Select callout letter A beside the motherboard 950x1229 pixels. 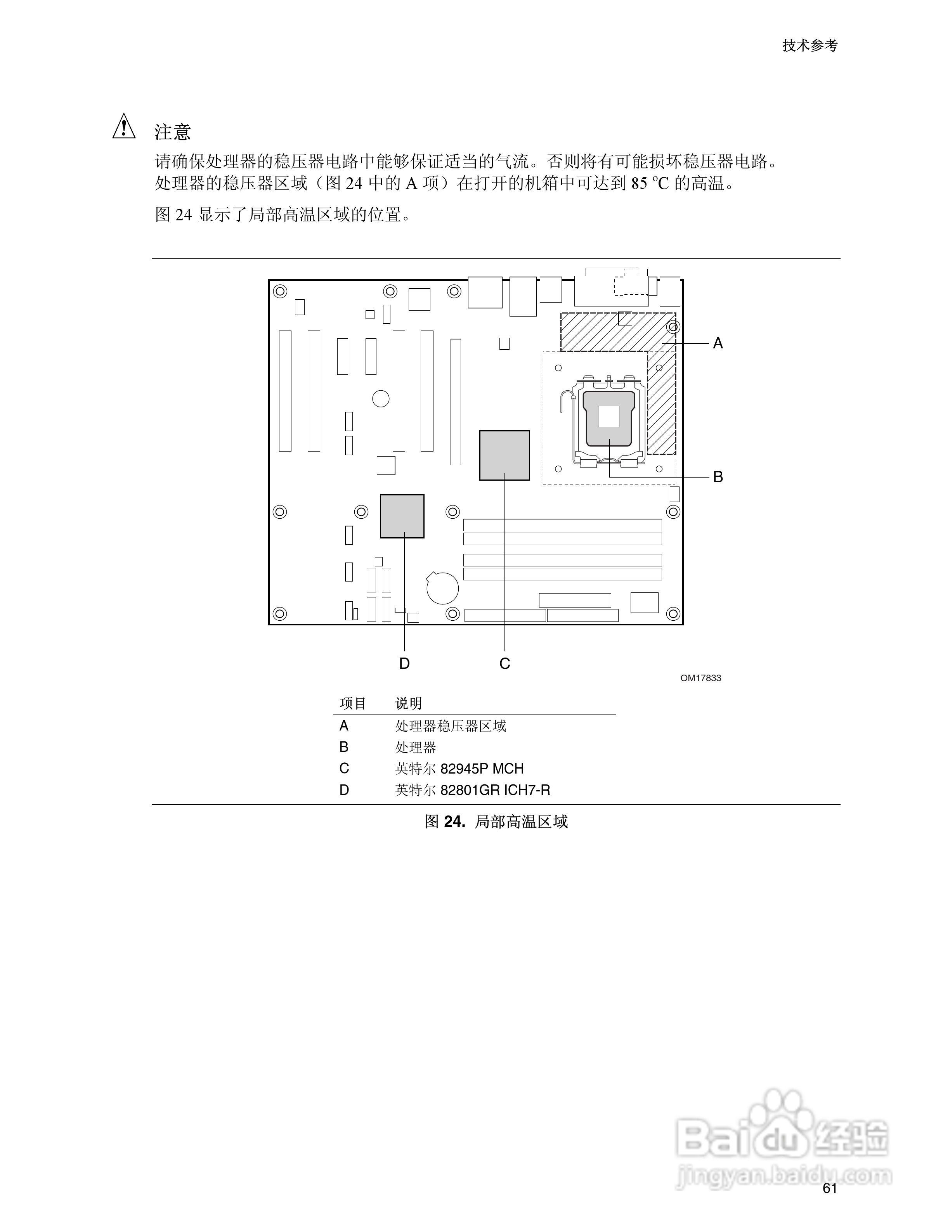click(x=718, y=343)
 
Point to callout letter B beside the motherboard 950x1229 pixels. click(x=718, y=477)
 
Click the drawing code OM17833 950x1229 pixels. click(x=700, y=678)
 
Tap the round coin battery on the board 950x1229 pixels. click(x=442, y=589)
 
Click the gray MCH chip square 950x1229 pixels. click(x=504, y=455)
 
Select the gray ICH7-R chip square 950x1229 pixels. click(x=402, y=516)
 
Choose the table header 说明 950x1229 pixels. click(x=408, y=703)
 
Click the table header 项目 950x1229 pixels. click(x=353, y=703)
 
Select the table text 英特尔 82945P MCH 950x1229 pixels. click(x=459, y=769)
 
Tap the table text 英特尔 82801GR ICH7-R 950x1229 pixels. click(x=472, y=790)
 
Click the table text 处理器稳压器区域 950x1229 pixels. click(x=450, y=726)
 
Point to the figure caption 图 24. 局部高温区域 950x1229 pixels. click(x=496, y=822)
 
